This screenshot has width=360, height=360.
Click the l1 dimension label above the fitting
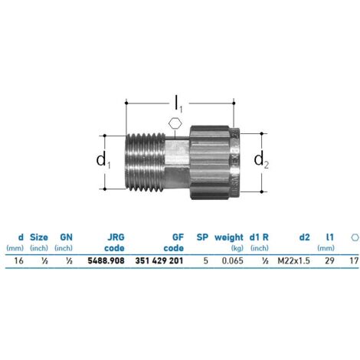click(178, 104)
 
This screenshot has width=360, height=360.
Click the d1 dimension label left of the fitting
click(103, 160)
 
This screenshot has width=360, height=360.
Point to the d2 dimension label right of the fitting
click(261, 160)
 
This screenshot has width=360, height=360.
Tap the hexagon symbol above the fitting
click(175, 124)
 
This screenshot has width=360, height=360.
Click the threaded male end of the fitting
click(146, 162)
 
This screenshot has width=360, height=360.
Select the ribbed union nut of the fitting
click(214, 162)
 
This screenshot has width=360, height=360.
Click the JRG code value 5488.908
click(106, 260)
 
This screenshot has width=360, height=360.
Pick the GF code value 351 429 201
click(159, 260)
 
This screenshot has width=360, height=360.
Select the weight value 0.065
click(232, 260)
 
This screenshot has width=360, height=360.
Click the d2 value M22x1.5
click(294, 260)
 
